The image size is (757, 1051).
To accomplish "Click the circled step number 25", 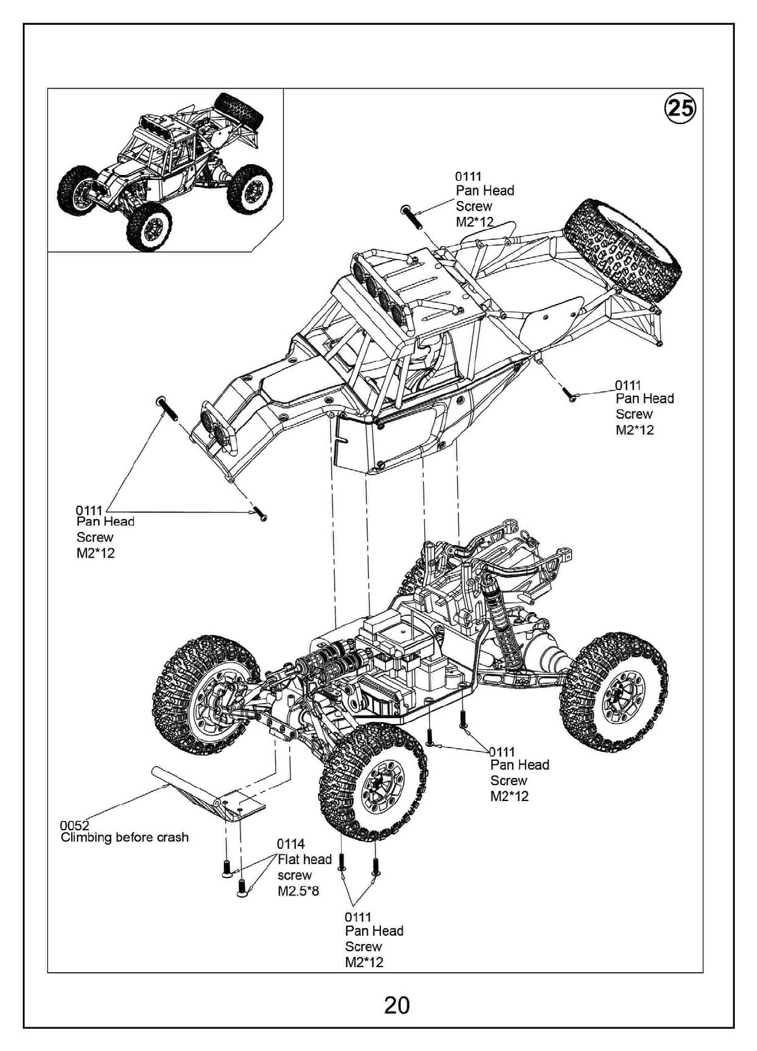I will pos(680,108).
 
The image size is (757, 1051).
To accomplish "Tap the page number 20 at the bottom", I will pos(397,1005).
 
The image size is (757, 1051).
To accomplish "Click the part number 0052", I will pos(74,826).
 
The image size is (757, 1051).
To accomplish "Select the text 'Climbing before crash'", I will pos(125,837).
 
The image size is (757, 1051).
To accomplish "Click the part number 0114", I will pos(291,844).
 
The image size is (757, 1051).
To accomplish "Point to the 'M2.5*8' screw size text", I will pos(298,891).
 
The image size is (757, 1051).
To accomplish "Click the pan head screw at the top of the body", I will pos(411,218).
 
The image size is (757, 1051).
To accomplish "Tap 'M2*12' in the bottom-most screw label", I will pos(364,962).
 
